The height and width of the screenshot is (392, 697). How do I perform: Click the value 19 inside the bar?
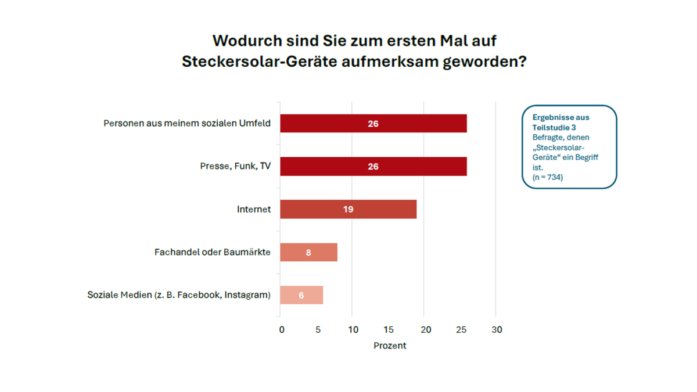tap(348, 209)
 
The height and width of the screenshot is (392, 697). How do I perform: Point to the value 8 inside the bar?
tap(308, 253)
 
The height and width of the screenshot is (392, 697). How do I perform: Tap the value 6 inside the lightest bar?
tap(301, 295)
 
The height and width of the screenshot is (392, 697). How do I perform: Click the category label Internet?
tap(254, 209)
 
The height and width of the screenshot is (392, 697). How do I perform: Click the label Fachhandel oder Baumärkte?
tap(213, 253)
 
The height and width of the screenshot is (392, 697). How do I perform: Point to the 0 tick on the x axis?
tap(282, 330)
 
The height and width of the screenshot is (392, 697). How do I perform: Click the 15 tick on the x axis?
tap(389, 330)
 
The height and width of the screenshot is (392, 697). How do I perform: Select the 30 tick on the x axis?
tap(497, 330)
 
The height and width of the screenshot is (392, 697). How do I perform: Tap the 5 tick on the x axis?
tap(318, 330)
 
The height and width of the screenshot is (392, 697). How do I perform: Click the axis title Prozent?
tap(390, 346)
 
